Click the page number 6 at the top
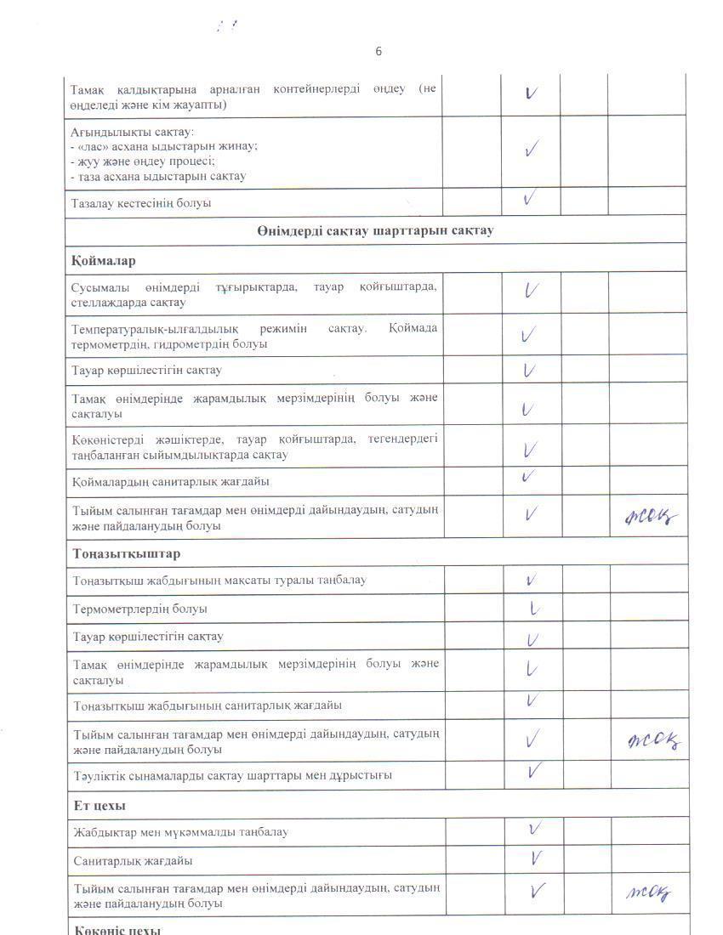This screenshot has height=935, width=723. pos(379,52)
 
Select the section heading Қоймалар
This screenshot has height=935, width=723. pos(103,260)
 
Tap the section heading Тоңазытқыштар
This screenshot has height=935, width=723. pos(126,553)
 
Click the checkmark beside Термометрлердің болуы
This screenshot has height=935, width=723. pos(532,608)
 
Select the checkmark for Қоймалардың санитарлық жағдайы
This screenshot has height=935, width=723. pos(529,477)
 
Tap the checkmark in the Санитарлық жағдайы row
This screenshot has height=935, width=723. pos(535,858)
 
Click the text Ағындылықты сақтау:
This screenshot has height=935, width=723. pos(132,132)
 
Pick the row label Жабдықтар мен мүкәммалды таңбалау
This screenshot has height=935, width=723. pos(180,832)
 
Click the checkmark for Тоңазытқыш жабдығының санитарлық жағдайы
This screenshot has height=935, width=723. pos(532,700)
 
